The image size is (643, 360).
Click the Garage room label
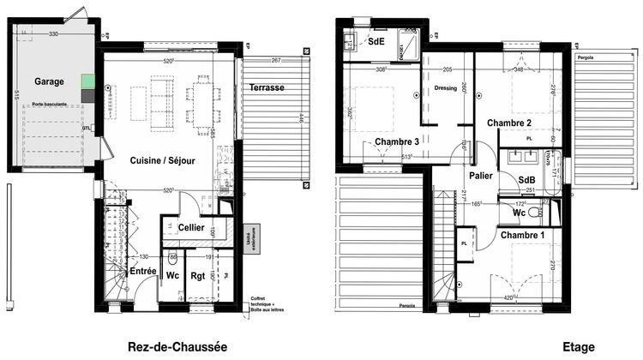click(51, 81)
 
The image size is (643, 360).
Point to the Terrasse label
click(267, 88)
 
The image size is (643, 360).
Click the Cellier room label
click(191, 226)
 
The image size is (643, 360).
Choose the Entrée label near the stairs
click(142, 271)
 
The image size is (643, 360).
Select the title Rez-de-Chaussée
click(177, 346)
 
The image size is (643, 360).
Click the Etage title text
click(579, 346)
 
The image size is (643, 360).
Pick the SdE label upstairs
click(376, 41)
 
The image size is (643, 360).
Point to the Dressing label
click(447, 87)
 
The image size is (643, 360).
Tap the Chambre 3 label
click(396, 141)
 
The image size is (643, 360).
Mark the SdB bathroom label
click(528, 179)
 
